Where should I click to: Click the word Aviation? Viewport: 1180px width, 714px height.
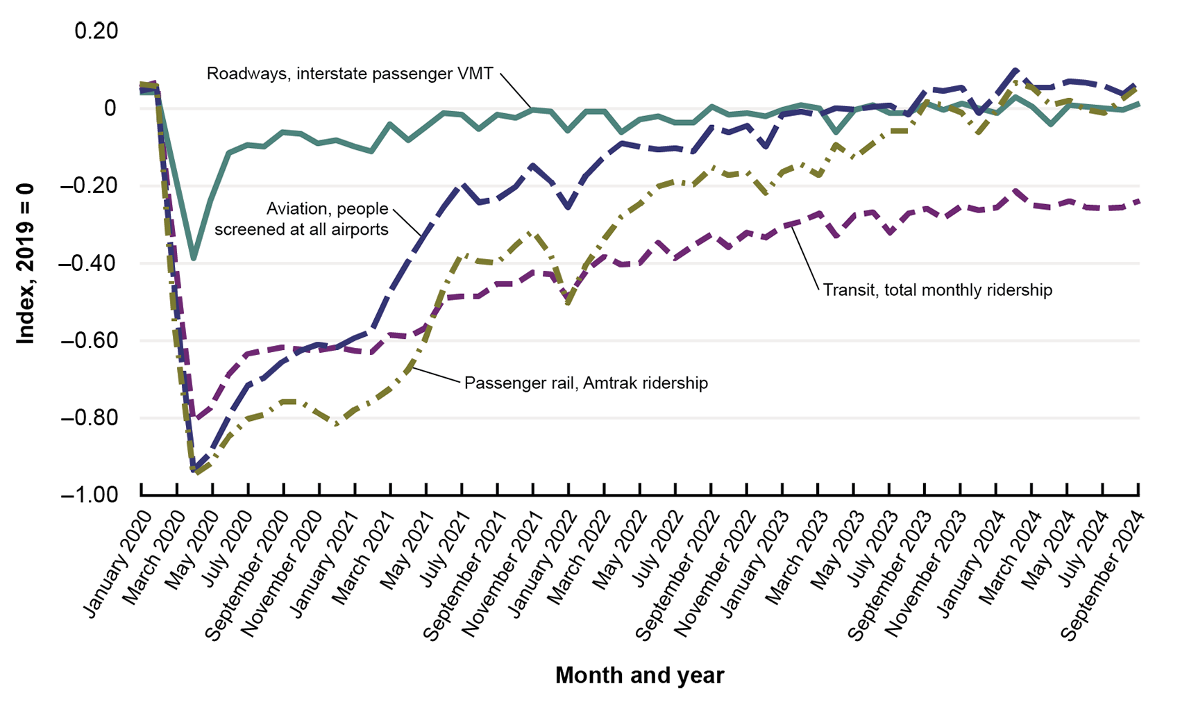click(x=296, y=209)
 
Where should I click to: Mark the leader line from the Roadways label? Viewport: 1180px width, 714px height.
click(x=515, y=90)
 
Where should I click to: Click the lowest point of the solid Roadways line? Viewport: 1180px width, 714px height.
click(x=194, y=258)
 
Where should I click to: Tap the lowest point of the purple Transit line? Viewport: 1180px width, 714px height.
click(x=196, y=419)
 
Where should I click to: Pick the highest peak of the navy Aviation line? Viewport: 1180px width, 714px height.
click(x=1015, y=70)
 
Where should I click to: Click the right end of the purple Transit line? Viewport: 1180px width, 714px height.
click(x=1143, y=201)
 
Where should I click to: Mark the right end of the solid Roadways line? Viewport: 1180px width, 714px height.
click(x=1143, y=105)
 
